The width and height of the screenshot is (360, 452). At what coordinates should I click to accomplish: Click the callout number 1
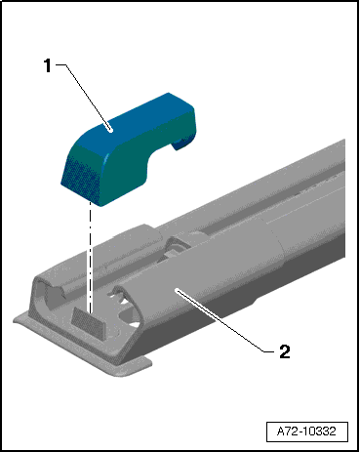[48, 65]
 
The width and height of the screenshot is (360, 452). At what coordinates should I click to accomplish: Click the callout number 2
[285, 351]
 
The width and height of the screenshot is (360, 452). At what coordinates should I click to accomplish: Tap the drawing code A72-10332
[306, 431]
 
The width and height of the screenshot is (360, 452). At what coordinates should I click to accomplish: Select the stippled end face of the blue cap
[81, 178]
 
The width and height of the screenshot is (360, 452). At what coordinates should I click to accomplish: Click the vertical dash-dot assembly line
[90, 257]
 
